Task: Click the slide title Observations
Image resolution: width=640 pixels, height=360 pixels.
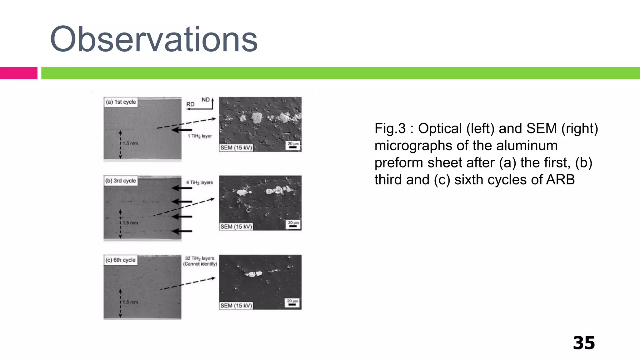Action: point(154,39)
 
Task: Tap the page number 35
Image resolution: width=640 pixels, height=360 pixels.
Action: point(583,343)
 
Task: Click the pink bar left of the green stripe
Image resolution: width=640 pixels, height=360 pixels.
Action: point(18,73)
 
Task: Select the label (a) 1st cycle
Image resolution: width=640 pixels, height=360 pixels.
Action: point(121,102)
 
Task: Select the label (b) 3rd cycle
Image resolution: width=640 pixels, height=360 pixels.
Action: point(121,181)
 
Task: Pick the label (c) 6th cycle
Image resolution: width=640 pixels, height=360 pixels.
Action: point(121,260)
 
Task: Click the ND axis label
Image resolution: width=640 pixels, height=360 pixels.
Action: point(205,100)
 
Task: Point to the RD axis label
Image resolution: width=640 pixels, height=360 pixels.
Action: point(190,104)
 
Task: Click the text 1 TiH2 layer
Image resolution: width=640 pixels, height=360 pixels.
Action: point(200,136)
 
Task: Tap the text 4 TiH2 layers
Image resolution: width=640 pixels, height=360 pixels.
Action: point(199,182)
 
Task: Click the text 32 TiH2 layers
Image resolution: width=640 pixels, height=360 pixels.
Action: point(200,258)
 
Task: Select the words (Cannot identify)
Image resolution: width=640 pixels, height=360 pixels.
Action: point(200,264)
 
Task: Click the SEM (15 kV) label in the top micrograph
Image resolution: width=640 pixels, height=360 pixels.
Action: point(236,147)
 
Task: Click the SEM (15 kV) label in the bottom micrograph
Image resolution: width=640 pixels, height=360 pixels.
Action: point(236,305)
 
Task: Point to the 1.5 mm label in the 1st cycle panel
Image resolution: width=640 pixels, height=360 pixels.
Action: point(130,143)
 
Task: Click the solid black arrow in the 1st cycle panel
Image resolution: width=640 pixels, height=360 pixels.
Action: point(182,130)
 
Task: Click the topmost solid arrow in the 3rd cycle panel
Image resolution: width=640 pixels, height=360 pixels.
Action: point(182,188)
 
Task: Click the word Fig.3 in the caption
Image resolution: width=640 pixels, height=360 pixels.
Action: point(390,128)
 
